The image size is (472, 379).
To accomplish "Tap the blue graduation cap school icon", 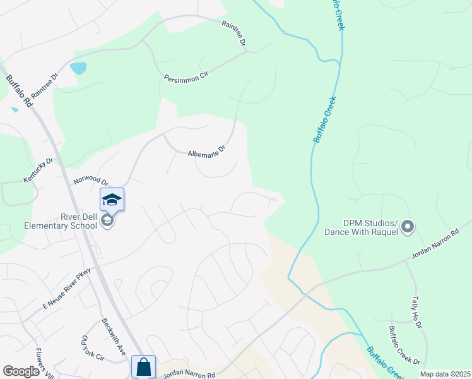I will click(112, 200).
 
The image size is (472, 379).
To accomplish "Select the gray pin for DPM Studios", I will click(408, 226).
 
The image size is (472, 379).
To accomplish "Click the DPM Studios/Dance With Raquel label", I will click(362, 227).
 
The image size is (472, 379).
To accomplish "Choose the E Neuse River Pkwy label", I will click(67, 288).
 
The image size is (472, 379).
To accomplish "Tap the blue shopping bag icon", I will click(143, 366).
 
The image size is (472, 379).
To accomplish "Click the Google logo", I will click(21, 371).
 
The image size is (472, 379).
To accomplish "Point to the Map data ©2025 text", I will click(445, 374).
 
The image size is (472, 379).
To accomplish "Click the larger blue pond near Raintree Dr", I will click(78, 68).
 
